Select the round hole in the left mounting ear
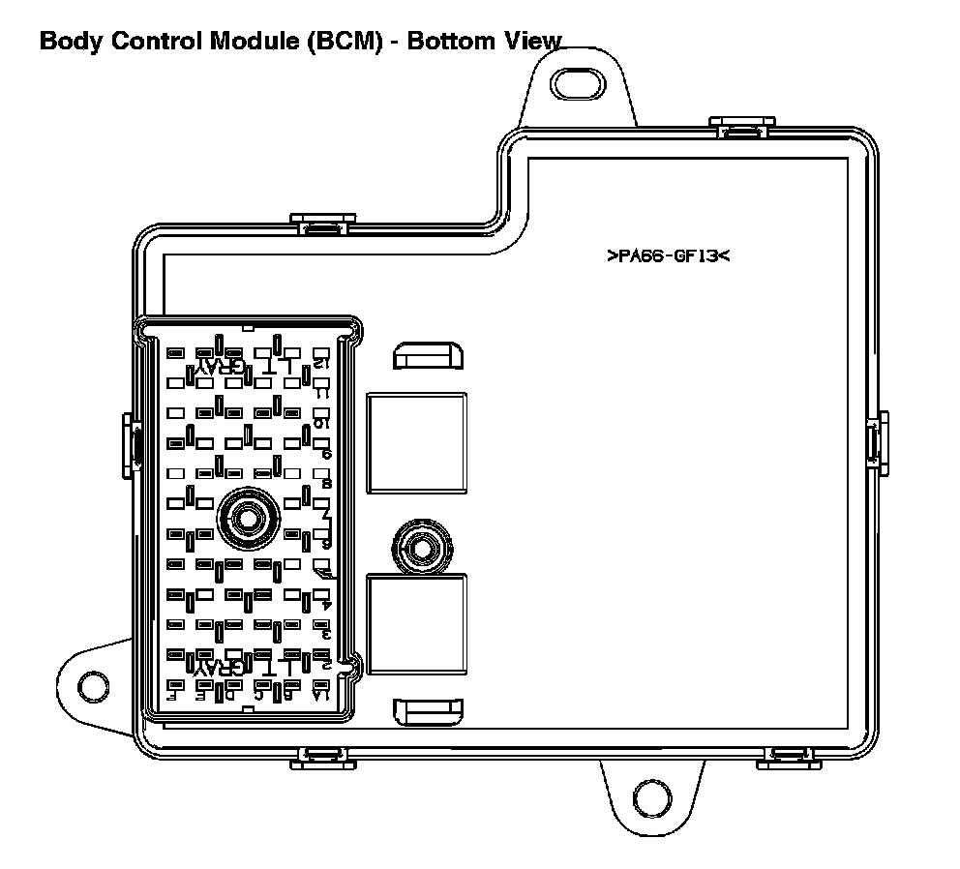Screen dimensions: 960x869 pos(93,683)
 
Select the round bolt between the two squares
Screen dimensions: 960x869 pos(422,548)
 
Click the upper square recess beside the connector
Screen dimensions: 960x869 pos(417,442)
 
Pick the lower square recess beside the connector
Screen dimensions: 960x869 pos(417,623)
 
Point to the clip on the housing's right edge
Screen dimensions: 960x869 pos(878,442)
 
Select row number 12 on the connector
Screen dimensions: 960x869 pos(321,364)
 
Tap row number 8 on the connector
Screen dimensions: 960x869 pos(326,483)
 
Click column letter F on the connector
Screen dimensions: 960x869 pos(172,694)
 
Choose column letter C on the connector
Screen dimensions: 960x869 pos(258,694)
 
